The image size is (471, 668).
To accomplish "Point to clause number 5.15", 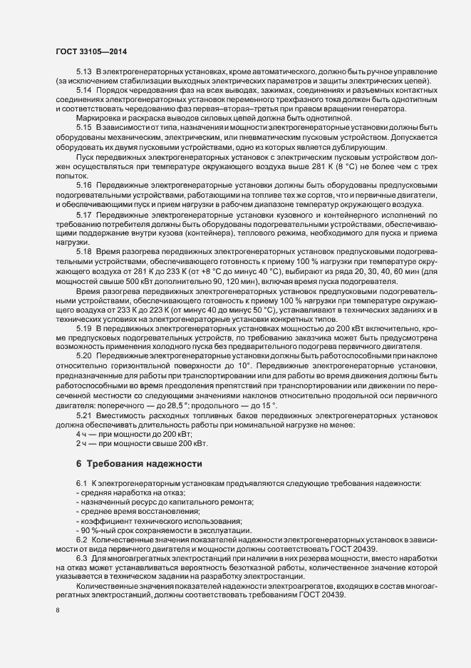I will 84,127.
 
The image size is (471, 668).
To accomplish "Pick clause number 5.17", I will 84,215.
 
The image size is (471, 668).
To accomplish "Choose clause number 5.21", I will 84,415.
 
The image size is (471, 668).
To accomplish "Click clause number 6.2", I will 82,539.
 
